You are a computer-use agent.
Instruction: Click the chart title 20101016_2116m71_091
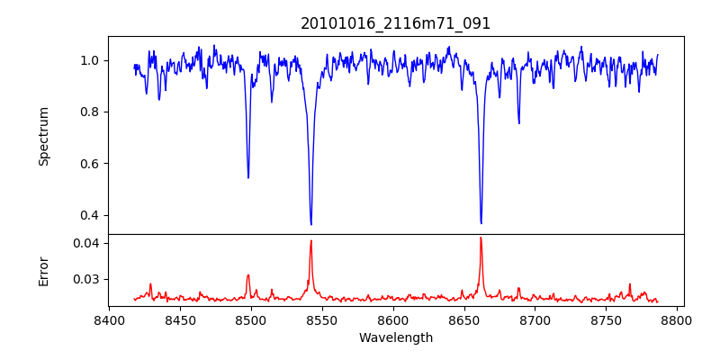pyautogui.click(x=396, y=23)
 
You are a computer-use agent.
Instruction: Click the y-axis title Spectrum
pyautogui.click(x=44, y=136)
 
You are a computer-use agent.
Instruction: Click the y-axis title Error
pyautogui.click(x=44, y=271)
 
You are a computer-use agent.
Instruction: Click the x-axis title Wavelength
pyautogui.click(x=396, y=338)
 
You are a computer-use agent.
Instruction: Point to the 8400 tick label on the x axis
pyautogui.click(x=109, y=319)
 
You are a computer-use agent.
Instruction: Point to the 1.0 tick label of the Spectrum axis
pyautogui.click(x=90, y=60)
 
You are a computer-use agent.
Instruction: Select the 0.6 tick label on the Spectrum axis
pyautogui.click(x=90, y=164)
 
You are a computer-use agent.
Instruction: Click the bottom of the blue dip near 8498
pyautogui.click(x=248, y=177)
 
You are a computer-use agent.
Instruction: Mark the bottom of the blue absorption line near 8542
pyautogui.click(x=310, y=224)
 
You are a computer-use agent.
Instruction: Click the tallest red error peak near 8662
pyautogui.click(x=481, y=238)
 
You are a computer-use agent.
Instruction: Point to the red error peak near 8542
pyautogui.click(x=310, y=240)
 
